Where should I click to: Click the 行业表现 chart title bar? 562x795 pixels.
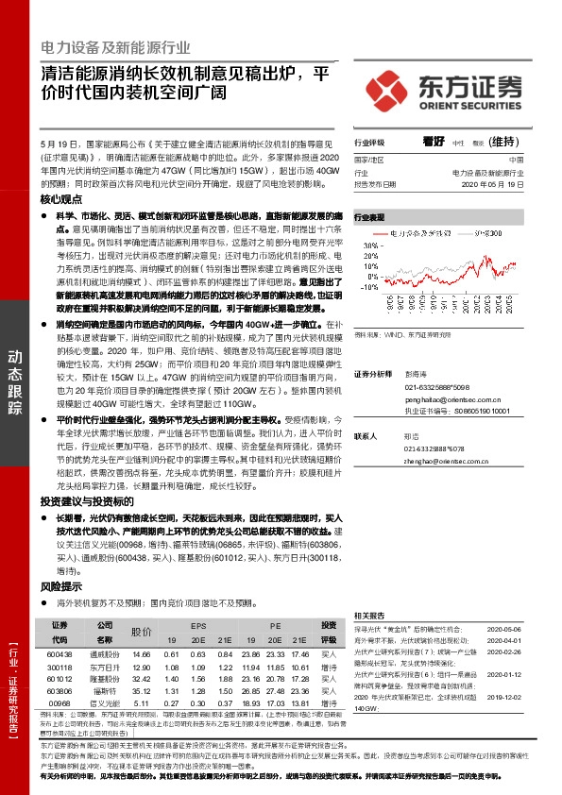[372, 216]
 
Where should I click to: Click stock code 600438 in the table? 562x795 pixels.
[59, 653]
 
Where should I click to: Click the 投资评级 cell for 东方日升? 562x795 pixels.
[330, 667]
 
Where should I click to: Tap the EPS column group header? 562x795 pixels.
[197, 626]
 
